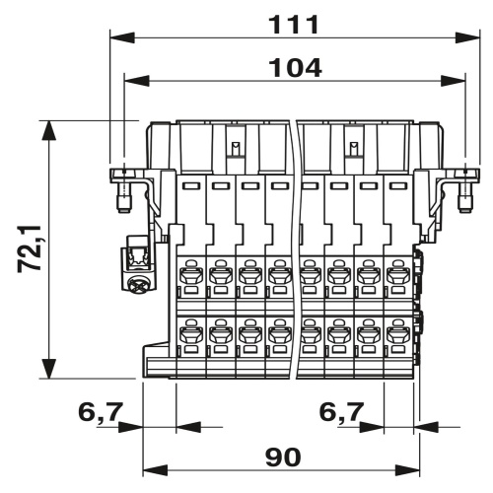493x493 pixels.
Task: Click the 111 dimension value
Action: click(x=294, y=25)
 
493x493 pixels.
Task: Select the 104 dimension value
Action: click(x=296, y=68)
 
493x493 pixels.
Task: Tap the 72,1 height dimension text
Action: click(x=30, y=248)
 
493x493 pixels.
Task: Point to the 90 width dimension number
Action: click(x=283, y=458)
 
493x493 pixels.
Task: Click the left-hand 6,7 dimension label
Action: click(x=101, y=411)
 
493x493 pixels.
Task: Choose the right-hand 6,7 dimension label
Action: click(x=342, y=411)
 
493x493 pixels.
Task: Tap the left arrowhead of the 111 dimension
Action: click(x=122, y=37)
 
